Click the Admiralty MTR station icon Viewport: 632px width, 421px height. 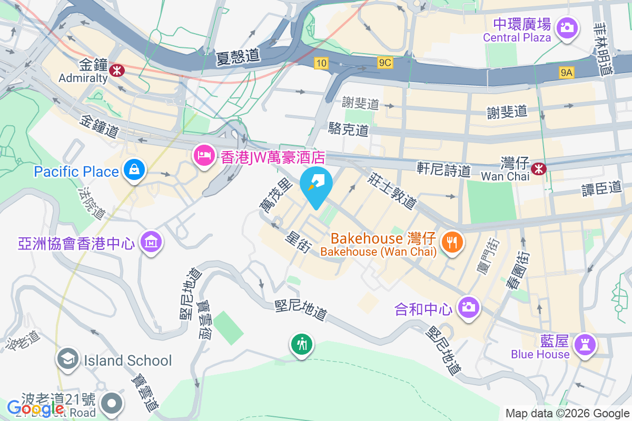pyautogui.click(x=116, y=68)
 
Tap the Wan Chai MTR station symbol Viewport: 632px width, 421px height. pyautogui.click(x=538, y=168)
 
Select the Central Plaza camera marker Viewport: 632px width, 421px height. pyautogui.click(x=567, y=26)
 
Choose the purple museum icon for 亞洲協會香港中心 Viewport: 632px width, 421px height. pyautogui.click(x=151, y=242)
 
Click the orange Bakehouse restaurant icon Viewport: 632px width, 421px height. pyautogui.click(x=452, y=242)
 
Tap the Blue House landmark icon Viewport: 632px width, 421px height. pyautogui.click(x=585, y=345)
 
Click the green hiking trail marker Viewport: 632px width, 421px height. pyautogui.click(x=302, y=345)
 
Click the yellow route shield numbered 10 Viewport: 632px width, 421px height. pyautogui.click(x=321, y=63)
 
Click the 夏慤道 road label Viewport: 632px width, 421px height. pyautogui.click(x=239, y=56)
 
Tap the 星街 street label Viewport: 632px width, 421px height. pyautogui.click(x=298, y=242)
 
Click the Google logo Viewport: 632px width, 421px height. pyautogui.click(x=35, y=408)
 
